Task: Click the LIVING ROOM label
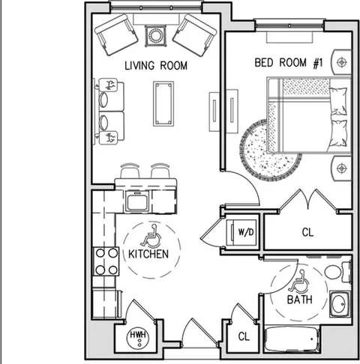pyautogui.click(x=156, y=65)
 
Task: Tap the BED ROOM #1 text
pyautogui.click(x=289, y=62)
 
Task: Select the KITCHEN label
pyautogui.click(x=148, y=254)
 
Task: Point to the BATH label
pyautogui.click(x=300, y=300)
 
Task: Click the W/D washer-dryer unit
pyautogui.click(x=241, y=232)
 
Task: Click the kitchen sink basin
pyautogui.click(x=136, y=201)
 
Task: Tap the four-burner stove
pyautogui.click(x=106, y=261)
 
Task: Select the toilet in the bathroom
pyautogui.click(x=338, y=272)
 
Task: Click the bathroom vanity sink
pyautogui.click(x=340, y=304)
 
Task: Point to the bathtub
pyautogui.click(x=292, y=339)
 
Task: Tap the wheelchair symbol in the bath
pyautogui.click(x=298, y=281)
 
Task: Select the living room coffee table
pyautogui.click(x=163, y=103)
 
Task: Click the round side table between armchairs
pyautogui.click(x=156, y=36)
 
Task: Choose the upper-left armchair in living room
pyautogui.click(x=116, y=34)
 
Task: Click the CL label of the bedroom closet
pyautogui.click(x=307, y=232)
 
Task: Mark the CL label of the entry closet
pyautogui.click(x=244, y=336)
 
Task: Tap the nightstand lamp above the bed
pyautogui.click(x=341, y=62)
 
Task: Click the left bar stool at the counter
pyautogui.click(x=130, y=171)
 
